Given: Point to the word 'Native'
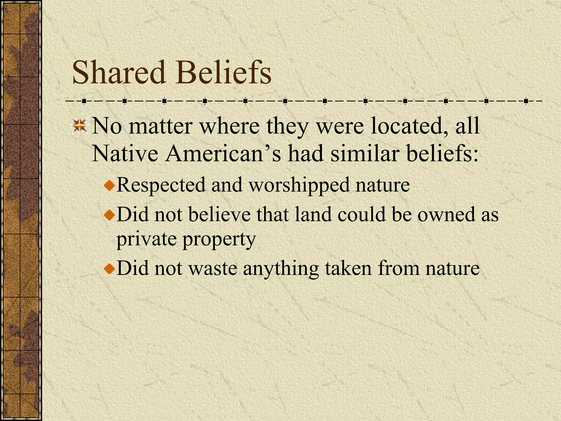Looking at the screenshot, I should (125, 153).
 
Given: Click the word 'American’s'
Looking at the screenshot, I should (223, 153).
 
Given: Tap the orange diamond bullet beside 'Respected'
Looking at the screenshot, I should (110, 186).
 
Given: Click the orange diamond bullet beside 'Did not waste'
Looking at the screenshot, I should (110, 269).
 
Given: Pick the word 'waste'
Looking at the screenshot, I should (213, 268).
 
